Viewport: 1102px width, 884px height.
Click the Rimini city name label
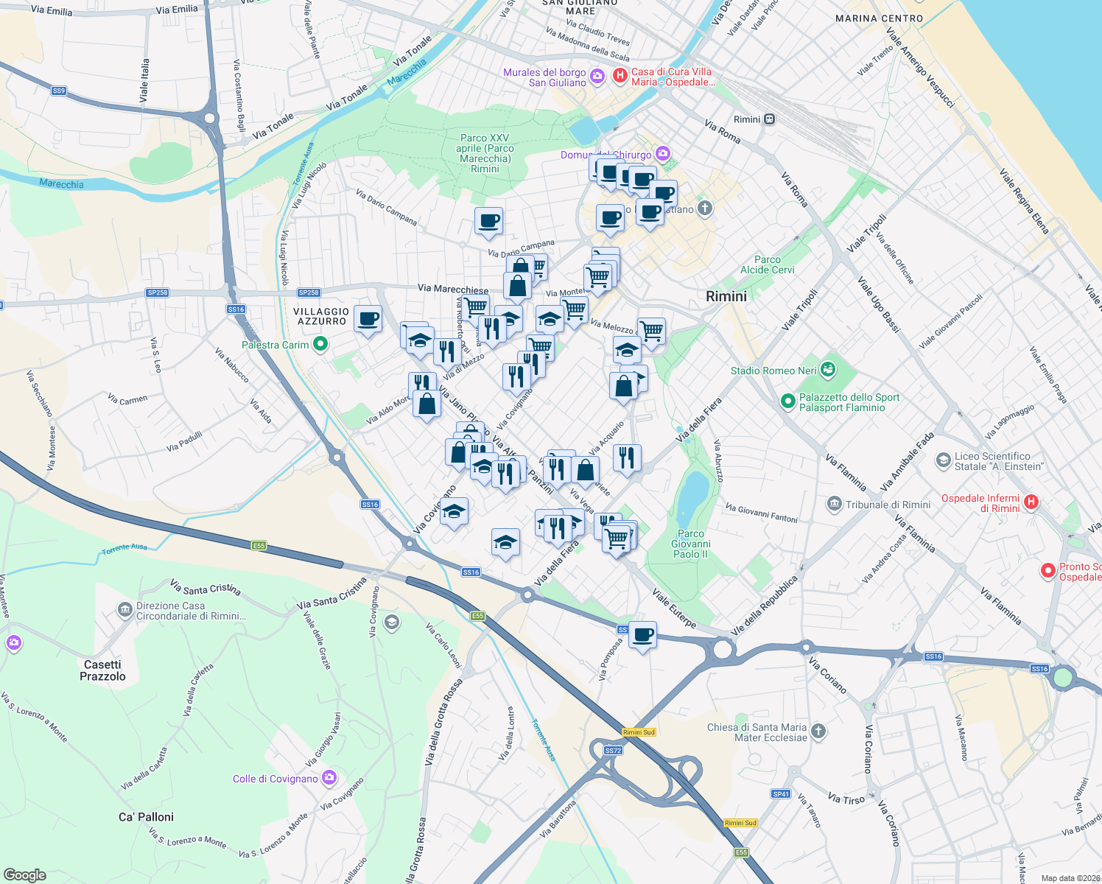coord(726,296)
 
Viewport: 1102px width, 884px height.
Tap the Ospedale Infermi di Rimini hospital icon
coord(1031,502)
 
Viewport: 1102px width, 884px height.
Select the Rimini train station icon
coord(769,119)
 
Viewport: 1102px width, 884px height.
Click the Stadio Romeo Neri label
coord(773,371)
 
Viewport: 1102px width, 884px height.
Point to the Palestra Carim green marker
coord(320,344)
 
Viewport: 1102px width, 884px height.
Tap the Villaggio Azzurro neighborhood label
coord(321,317)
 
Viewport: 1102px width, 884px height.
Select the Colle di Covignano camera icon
coord(329,778)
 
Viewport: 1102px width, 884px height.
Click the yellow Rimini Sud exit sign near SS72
coord(639,732)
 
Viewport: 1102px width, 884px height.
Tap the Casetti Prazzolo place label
coord(102,670)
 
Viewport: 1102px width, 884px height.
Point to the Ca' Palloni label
coord(146,817)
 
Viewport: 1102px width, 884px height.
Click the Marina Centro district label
coord(879,18)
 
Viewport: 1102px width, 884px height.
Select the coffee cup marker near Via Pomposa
coord(643,635)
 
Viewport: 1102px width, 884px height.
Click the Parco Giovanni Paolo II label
coord(690,544)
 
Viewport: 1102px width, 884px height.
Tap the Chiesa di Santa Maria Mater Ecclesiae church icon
coord(818,732)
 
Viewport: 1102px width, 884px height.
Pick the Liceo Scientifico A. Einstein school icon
coord(943,461)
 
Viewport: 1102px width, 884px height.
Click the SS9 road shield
coord(59,91)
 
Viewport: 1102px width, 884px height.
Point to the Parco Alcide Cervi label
coord(768,264)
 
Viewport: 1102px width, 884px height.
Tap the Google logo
coord(25,875)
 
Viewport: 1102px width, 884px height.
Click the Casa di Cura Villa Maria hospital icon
coord(620,75)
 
